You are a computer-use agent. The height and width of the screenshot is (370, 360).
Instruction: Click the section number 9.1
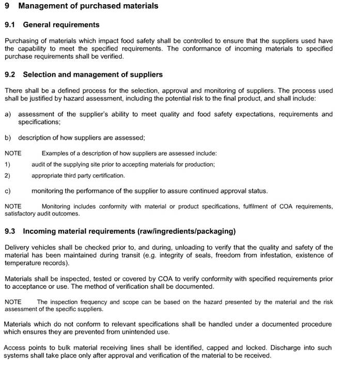pyautogui.click(x=10, y=25)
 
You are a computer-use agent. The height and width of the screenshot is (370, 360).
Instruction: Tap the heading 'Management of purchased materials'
pyautogui.click(x=88, y=6)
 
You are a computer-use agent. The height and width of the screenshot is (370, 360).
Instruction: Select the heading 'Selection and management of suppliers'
pyautogui.click(x=93, y=75)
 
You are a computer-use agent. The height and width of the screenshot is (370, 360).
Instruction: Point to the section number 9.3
pyautogui.click(x=10, y=231)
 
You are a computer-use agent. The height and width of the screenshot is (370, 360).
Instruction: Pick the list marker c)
pyautogui.click(x=8, y=191)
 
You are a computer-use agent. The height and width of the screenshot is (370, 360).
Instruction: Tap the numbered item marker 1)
pyautogui.click(x=7, y=165)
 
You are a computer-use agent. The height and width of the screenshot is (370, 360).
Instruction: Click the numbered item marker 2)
pyautogui.click(x=7, y=175)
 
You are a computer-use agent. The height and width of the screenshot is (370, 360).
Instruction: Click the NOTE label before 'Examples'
pyautogui.click(x=13, y=153)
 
